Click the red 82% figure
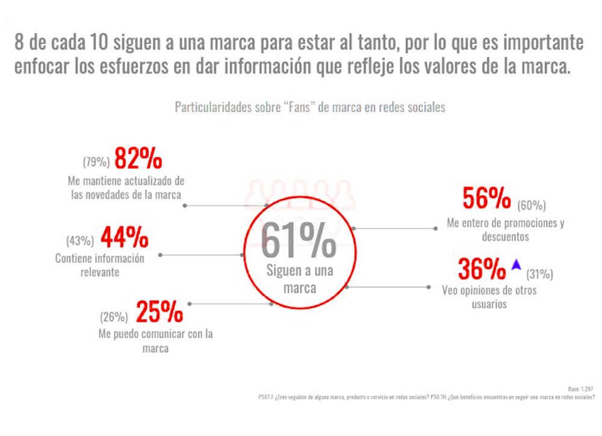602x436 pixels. (x=138, y=159)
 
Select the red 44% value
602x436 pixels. (x=124, y=239)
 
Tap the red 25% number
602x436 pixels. (x=159, y=312)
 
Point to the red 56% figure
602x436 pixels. (x=486, y=198)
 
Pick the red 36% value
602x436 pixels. (x=482, y=269)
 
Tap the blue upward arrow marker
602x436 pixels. (x=516, y=264)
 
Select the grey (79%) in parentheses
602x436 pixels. (x=96, y=162)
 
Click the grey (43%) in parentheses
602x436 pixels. (x=80, y=241)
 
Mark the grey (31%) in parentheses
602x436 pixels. (x=539, y=275)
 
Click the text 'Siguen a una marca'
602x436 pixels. (x=299, y=279)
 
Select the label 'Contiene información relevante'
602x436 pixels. (x=100, y=265)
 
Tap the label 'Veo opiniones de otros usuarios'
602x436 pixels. (x=489, y=297)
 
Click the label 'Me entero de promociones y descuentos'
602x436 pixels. (x=505, y=229)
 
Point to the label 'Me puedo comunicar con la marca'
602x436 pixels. (x=155, y=341)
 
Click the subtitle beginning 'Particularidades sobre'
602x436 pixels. (x=309, y=108)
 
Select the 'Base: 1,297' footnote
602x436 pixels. (x=581, y=389)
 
